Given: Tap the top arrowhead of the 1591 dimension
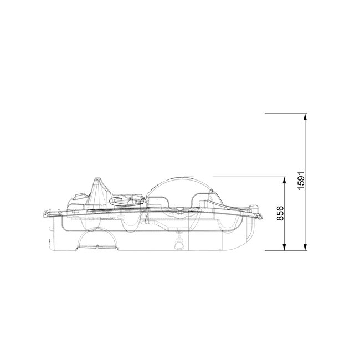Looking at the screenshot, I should pos(306,116).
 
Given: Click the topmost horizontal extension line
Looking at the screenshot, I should pos(285,114).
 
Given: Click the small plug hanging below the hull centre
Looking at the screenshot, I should pos(179,245).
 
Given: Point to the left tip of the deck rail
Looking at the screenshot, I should pos(45,213).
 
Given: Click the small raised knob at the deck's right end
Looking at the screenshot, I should pos(255,206).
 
